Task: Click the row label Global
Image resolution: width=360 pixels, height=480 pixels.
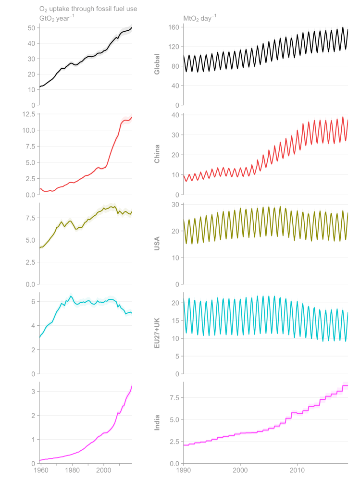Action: click(157, 64)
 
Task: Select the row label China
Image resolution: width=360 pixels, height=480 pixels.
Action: click(157, 153)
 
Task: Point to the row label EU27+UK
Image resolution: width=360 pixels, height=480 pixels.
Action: click(157, 332)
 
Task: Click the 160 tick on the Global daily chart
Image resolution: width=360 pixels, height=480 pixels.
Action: click(174, 27)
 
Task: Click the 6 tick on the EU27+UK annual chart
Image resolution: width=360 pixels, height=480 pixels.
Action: click(33, 302)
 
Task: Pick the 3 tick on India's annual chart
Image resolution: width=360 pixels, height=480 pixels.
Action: click(33, 392)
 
